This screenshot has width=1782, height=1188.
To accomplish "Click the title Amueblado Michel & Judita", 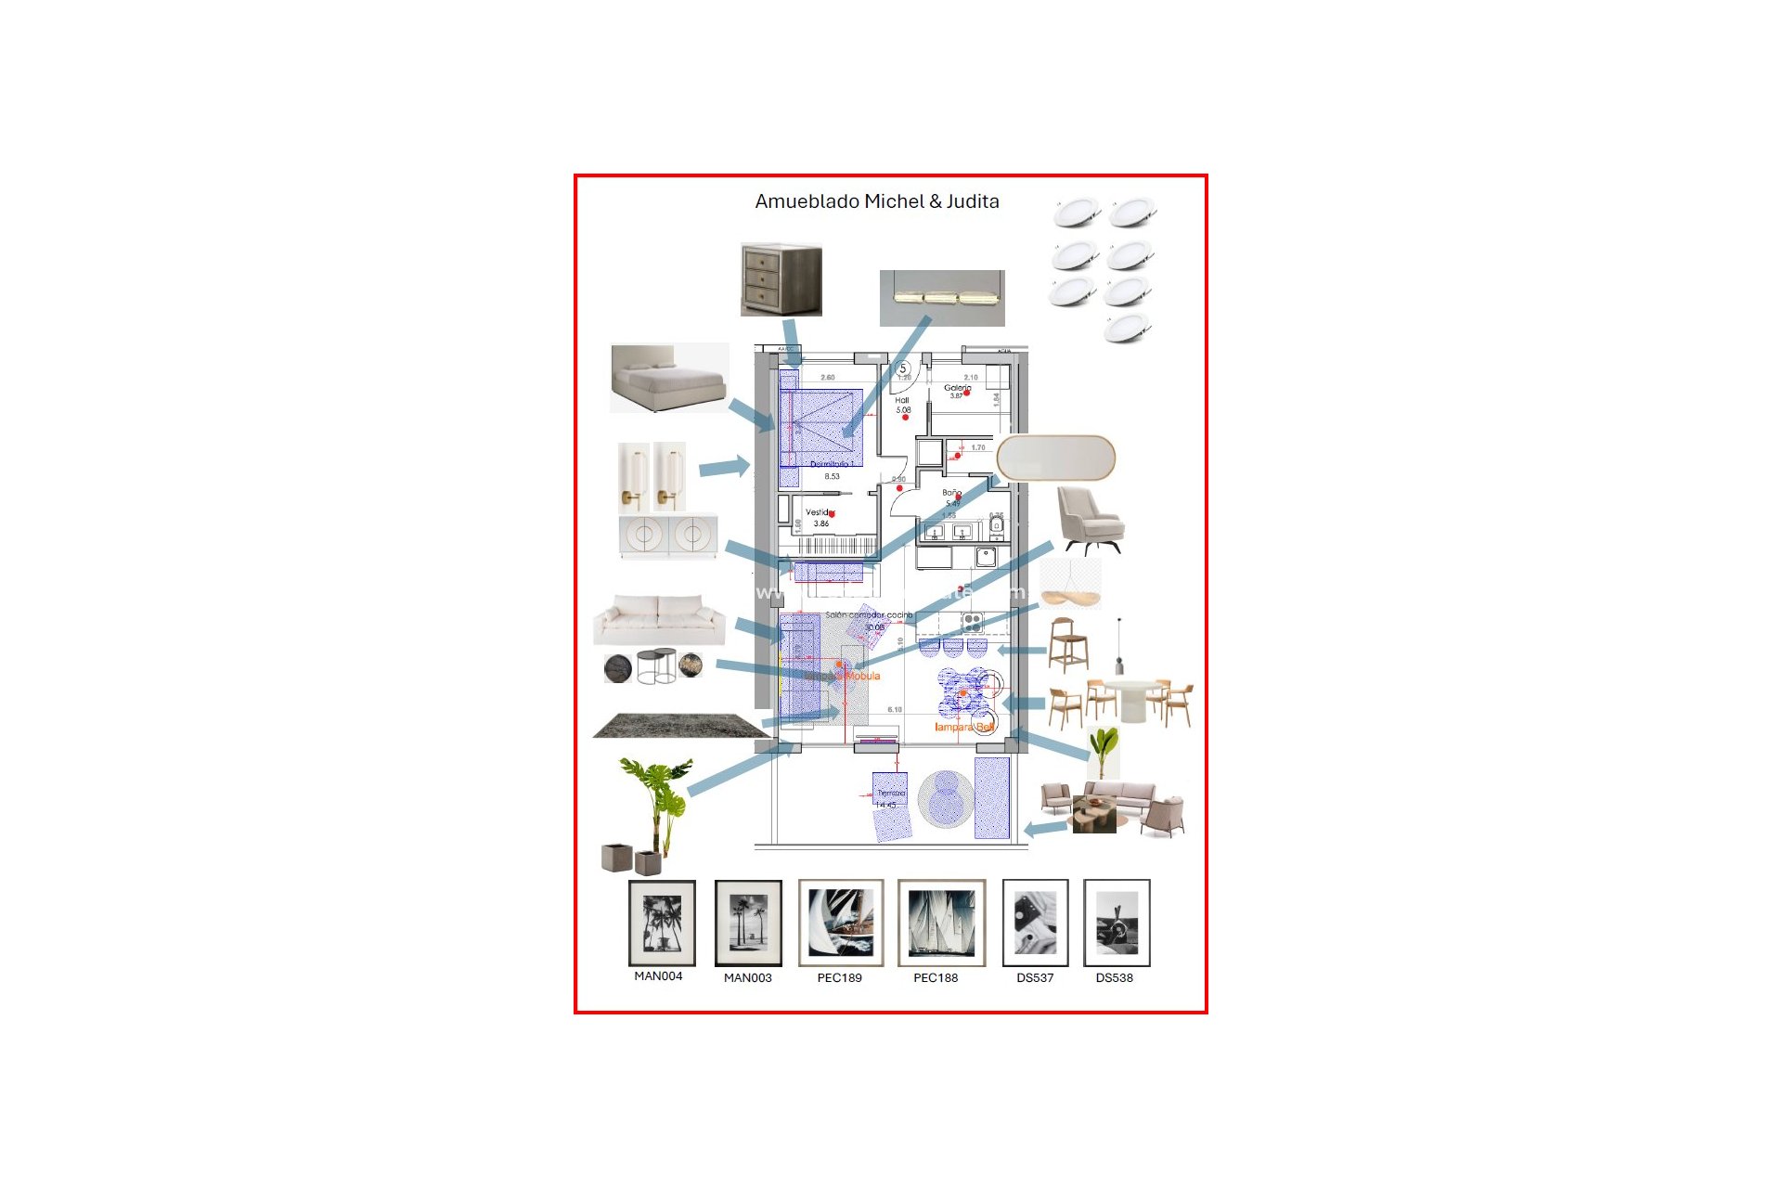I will [876, 201].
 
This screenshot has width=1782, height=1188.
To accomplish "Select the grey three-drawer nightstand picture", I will [781, 280].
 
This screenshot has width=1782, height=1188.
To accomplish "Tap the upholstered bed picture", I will [668, 379].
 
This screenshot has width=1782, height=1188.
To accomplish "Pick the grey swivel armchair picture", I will [1091, 520].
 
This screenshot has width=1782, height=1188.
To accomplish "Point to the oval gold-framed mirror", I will [1055, 458].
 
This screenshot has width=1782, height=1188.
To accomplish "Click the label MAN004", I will [658, 976].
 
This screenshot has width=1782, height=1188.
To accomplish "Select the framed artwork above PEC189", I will [841, 923].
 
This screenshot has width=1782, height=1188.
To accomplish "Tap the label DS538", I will [1114, 978].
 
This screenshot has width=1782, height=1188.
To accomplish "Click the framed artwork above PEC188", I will [941, 923].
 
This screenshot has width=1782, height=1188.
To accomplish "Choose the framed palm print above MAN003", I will [748, 923].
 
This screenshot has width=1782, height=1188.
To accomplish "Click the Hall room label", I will [902, 401].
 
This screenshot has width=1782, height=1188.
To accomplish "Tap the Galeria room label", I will [957, 388].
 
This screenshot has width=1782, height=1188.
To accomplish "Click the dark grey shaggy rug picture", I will [679, 726].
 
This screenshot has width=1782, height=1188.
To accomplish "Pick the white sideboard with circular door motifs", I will [668, 536].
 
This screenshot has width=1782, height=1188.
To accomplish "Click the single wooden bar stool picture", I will [1067, 644].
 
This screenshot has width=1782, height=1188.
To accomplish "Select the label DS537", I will [1035, 978].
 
